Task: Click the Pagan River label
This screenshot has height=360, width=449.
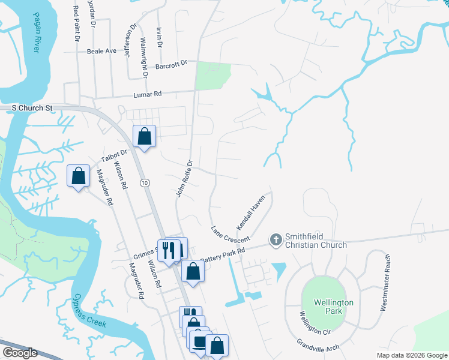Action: coord(31,37)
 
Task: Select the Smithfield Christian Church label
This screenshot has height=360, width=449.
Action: coord(316,241)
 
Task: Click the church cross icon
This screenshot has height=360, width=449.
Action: coord(276,240)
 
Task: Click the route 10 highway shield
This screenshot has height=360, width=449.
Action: coord(145,182)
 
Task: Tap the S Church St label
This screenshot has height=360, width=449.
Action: coord(32,108)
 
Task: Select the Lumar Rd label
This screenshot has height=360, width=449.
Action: coord(147,94)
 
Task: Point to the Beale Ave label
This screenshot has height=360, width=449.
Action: coord(101,52)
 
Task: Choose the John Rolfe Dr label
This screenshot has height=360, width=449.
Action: coord(184,178)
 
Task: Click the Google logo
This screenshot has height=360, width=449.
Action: coord(19,353)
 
